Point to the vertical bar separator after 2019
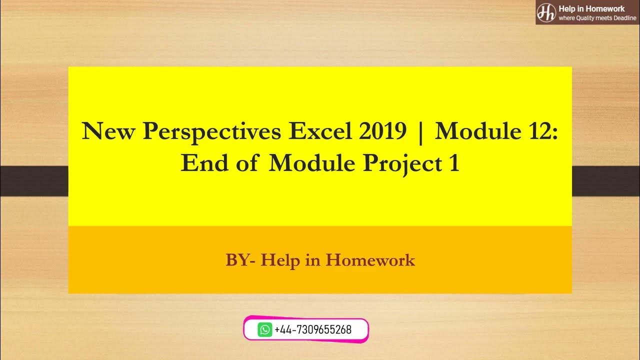pyautogui.click(x=420, y=132)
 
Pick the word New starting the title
pyautogui.click(x=108, y=132)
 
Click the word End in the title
pyautogui.click(x=202, y=163)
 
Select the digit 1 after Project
pyautogui.click(x=453, y=163)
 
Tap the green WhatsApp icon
pyautogui.click(x=265, y=330)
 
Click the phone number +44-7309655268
pyautogui.click(x=313, y=330)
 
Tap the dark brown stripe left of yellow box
pyautogui.click(x=34, y=181)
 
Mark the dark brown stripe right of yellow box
pyautogui.click(x=605, y=181)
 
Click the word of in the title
pyautogui.click(x=246, y=163)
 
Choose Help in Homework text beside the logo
pyautogui.click(x=591, y=8)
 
